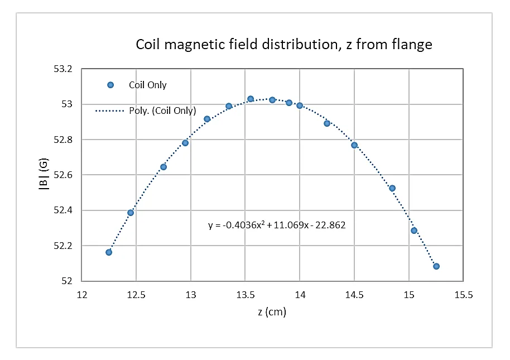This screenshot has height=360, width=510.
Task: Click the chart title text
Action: tap(284, 45)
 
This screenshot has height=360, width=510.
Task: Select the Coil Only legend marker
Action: tap(110, 85)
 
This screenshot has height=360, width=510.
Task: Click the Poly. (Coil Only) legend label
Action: tap(162, 111)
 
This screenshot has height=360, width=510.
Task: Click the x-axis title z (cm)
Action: tap(272, 312)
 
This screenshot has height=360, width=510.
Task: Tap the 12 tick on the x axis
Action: tap(82, 295)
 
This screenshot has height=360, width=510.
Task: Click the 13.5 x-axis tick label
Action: tap(246, 295)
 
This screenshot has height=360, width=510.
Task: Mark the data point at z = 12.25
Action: tap(109, 252)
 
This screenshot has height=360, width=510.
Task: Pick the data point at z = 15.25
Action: tap(436, 266)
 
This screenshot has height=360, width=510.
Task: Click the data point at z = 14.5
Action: tap(354, 145)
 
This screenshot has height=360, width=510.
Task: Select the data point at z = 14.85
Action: tap(392, 188)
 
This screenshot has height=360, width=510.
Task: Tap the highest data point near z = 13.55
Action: tap(251, 99)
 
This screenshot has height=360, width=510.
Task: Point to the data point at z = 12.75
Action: tap(163, 167)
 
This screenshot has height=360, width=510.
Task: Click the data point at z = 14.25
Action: tap(327, 123)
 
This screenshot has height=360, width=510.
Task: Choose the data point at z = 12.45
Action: tap(131, 213)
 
